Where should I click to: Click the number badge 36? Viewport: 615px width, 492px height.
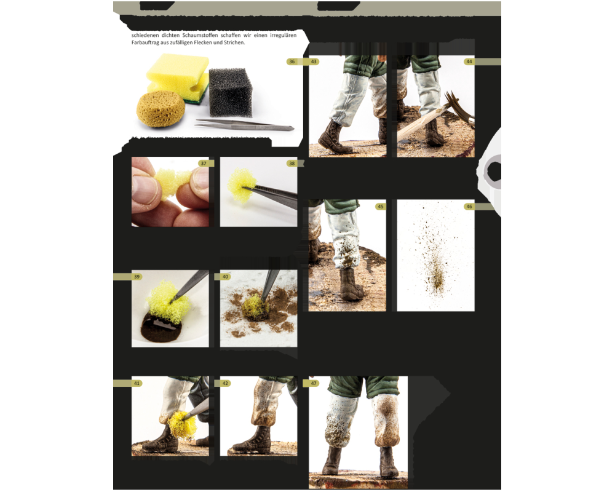click(x=292, y=61)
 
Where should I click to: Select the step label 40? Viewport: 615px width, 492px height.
click(x=226, y=277)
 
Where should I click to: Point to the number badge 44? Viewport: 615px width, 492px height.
click(x=469, y=61)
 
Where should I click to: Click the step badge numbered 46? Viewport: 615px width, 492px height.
click(x=469, y=207)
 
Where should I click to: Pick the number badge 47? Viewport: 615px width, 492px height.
click(x=314, y=383)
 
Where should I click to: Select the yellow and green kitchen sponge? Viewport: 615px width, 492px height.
click(x=178, y=76)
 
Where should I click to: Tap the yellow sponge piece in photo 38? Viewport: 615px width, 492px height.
click(x=242, y=183)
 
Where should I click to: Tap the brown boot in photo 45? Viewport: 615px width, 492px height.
click(x=352, y=284)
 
